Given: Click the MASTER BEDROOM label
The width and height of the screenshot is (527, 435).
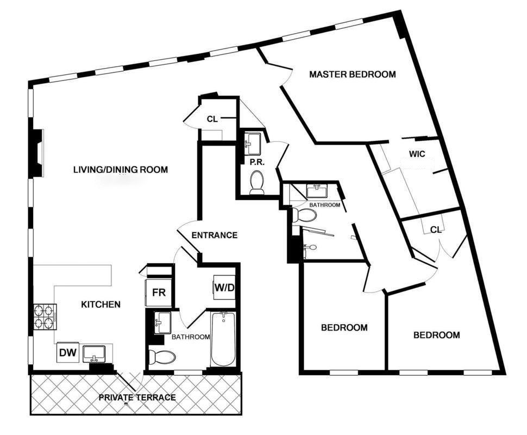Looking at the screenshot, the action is coord(353,74).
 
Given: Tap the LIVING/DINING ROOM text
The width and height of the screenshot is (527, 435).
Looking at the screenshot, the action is coord(120,169).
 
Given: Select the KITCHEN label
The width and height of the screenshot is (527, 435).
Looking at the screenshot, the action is coord(101,304).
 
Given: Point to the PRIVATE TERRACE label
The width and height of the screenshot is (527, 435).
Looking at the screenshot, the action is coord(137,397).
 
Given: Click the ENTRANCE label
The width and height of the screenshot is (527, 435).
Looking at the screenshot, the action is coord(215,235).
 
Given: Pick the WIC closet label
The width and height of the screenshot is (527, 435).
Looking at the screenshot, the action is coord(417,154).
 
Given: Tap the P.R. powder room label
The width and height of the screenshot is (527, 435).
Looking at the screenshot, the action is coord(257,162).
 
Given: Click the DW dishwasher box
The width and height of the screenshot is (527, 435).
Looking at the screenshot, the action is coord(68,352).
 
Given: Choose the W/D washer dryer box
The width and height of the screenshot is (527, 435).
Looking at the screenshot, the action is coord(224,288).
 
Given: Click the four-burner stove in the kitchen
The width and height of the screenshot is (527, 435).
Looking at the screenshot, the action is coord(45,317).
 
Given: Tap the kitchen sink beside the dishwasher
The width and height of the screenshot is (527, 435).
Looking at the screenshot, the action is coord(94,354).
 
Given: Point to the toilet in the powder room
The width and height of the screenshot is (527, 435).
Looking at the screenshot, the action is coord(257,183).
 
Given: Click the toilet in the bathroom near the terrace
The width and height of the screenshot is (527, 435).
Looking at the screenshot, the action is coord(162,357).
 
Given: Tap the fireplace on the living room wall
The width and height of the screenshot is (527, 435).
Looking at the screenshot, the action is coord(37,153).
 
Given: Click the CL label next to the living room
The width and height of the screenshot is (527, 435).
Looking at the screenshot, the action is coord(212,119).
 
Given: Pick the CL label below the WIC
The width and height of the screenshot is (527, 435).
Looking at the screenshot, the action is coord(436,230).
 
